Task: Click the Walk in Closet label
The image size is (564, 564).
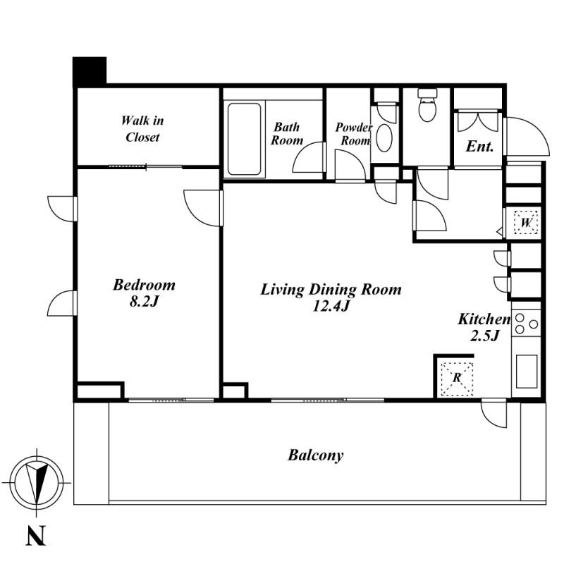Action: pos(142,129)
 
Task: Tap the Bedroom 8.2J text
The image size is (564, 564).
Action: pos(144,293)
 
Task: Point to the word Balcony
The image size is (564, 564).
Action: pos(315,455)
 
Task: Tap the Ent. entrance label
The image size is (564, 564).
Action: pos(479,147)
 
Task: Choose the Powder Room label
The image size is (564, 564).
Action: pos(353,134)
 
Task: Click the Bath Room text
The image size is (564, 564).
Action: pos(287,133)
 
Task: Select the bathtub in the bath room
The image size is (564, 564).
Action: pos(244,139)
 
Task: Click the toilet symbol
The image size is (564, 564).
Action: pos(427,105)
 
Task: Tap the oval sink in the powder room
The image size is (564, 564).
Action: pos(384,137)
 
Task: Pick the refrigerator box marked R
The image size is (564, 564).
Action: pos(457,379)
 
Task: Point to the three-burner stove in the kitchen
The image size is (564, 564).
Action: pos(526,324)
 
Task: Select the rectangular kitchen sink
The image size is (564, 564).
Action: pos(527,372)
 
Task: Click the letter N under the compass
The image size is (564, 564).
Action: pos(36,536)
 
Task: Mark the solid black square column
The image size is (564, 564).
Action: pos(90,71)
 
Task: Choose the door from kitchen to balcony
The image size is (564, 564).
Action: pos(493,414)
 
